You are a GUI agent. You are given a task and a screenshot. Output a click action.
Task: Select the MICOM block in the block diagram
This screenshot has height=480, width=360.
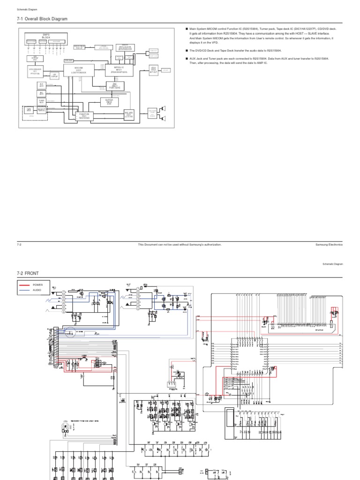(79, 70)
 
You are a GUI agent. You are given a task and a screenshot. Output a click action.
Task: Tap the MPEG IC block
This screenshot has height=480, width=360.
(118, 70)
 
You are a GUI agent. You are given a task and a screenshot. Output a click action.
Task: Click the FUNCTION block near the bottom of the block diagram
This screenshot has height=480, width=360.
(84, 115)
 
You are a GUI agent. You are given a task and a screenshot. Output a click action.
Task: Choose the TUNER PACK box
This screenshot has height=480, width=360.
(41, 101)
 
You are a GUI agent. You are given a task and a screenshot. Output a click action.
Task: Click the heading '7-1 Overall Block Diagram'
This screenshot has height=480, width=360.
(42, 19)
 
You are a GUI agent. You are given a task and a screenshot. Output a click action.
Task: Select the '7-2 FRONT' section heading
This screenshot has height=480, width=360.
(29, 273)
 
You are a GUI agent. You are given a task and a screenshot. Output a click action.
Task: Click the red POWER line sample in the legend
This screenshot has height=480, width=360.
(24, 285)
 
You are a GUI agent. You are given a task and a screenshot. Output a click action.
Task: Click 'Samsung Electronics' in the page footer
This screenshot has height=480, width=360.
(329, 244)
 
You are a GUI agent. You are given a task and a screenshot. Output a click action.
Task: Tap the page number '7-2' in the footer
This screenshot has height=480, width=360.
(19, 244)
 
